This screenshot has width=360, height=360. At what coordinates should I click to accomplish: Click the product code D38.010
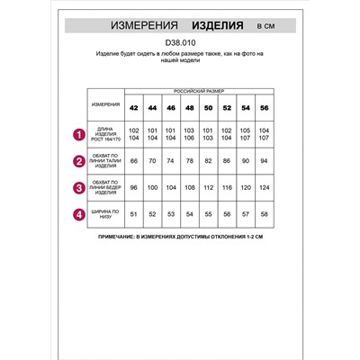[x=180, y=40]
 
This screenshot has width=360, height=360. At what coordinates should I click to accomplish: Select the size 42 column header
[x=134, y=108]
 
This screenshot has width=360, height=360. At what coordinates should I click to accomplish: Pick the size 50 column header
[x=206, y=108]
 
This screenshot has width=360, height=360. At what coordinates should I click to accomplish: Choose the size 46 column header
[x=170, y=108]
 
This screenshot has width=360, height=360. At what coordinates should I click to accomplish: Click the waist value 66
[x=134, y=163]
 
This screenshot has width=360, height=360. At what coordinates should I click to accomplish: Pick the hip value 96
[x=134, y=188]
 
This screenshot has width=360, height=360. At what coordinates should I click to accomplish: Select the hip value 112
[x=206, y=188]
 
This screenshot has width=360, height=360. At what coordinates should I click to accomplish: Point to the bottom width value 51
[x=134, y=214]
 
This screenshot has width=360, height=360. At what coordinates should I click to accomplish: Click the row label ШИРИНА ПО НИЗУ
[x=105, y=214]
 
